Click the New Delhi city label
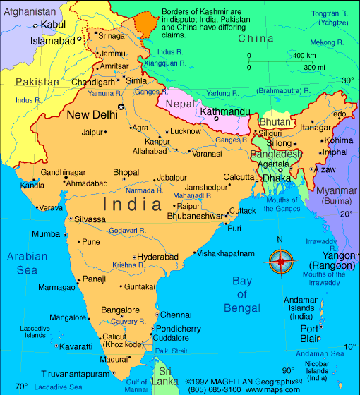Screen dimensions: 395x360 (92, 114)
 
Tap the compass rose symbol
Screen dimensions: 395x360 (280, 261)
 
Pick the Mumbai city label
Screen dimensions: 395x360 (47, 233)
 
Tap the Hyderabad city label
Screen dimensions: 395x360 (157, 257)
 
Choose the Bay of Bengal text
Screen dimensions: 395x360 (242, 295)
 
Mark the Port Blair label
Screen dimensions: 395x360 (310, 334)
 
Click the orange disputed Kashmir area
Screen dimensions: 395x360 (146, 21)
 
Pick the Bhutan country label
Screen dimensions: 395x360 (275, 122)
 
